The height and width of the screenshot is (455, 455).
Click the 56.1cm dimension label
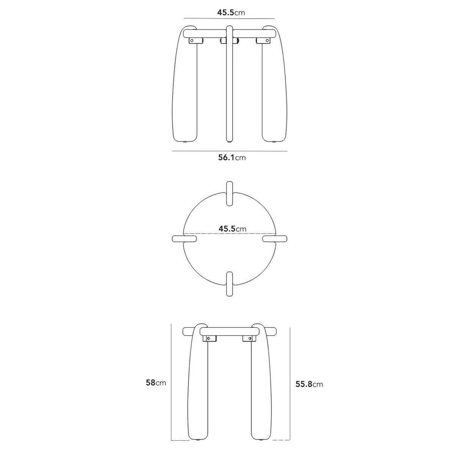(232, 157)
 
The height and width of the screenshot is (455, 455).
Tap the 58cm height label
(156, 383)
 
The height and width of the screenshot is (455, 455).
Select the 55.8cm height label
(309, 384)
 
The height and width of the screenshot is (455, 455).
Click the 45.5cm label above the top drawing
(231, 13)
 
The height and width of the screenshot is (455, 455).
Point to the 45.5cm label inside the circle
(232, 229)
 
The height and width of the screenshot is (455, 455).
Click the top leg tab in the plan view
(229, 194)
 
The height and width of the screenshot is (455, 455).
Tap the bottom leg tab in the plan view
(229, 284)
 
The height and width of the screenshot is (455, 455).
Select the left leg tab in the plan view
(184, 239)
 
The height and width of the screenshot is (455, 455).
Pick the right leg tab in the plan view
(275, 239)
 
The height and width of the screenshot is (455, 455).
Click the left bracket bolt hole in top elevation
(192, 41)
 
